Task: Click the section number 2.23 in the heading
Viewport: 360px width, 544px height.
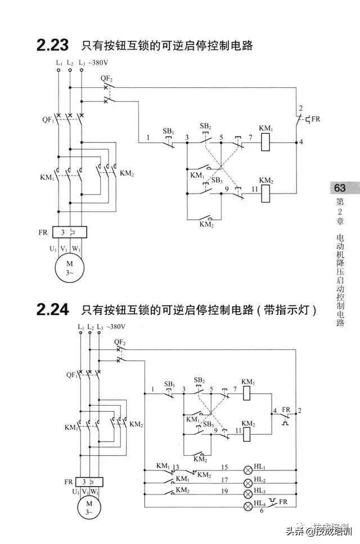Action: click(52, 45)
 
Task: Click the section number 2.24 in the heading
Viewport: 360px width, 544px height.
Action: click(52, 309)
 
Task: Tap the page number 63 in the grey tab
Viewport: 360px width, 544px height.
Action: click(340, 188)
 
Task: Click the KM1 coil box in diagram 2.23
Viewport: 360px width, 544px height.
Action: click(266, 143)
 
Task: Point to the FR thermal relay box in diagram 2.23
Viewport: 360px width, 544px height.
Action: click(69, 232)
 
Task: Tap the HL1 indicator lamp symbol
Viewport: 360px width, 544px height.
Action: click(247, 469)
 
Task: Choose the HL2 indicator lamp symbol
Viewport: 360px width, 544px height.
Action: click(247, 482)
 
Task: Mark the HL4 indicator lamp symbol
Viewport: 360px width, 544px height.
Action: click(247, 506)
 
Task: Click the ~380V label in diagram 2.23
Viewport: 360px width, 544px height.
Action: click(100, 62)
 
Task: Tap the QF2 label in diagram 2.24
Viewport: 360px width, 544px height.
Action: click(119, 342)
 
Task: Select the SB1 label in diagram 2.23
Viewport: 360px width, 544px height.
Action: click(169, 132)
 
